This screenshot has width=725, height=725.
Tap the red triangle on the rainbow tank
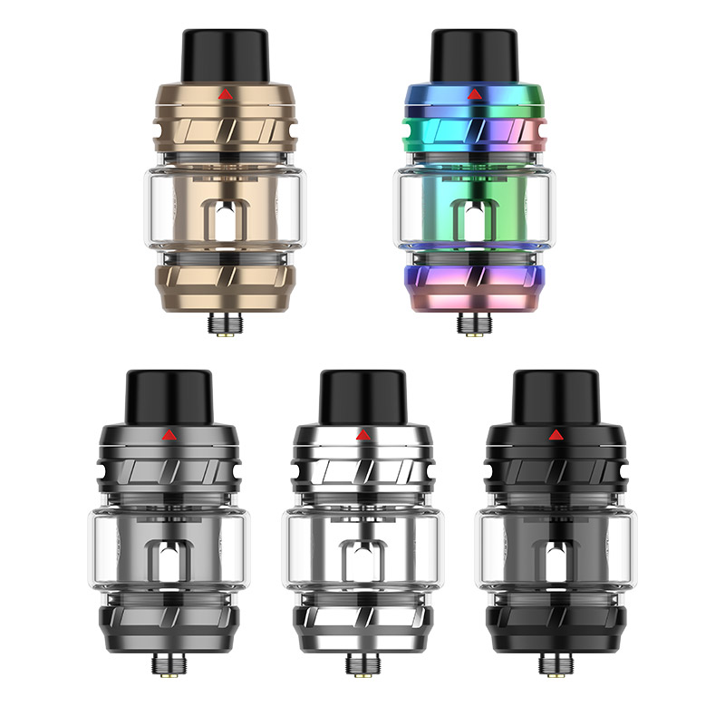pos(473,93)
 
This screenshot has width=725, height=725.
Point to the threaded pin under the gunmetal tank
pos(169,663)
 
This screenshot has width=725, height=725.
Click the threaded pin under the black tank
pos(556,663)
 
